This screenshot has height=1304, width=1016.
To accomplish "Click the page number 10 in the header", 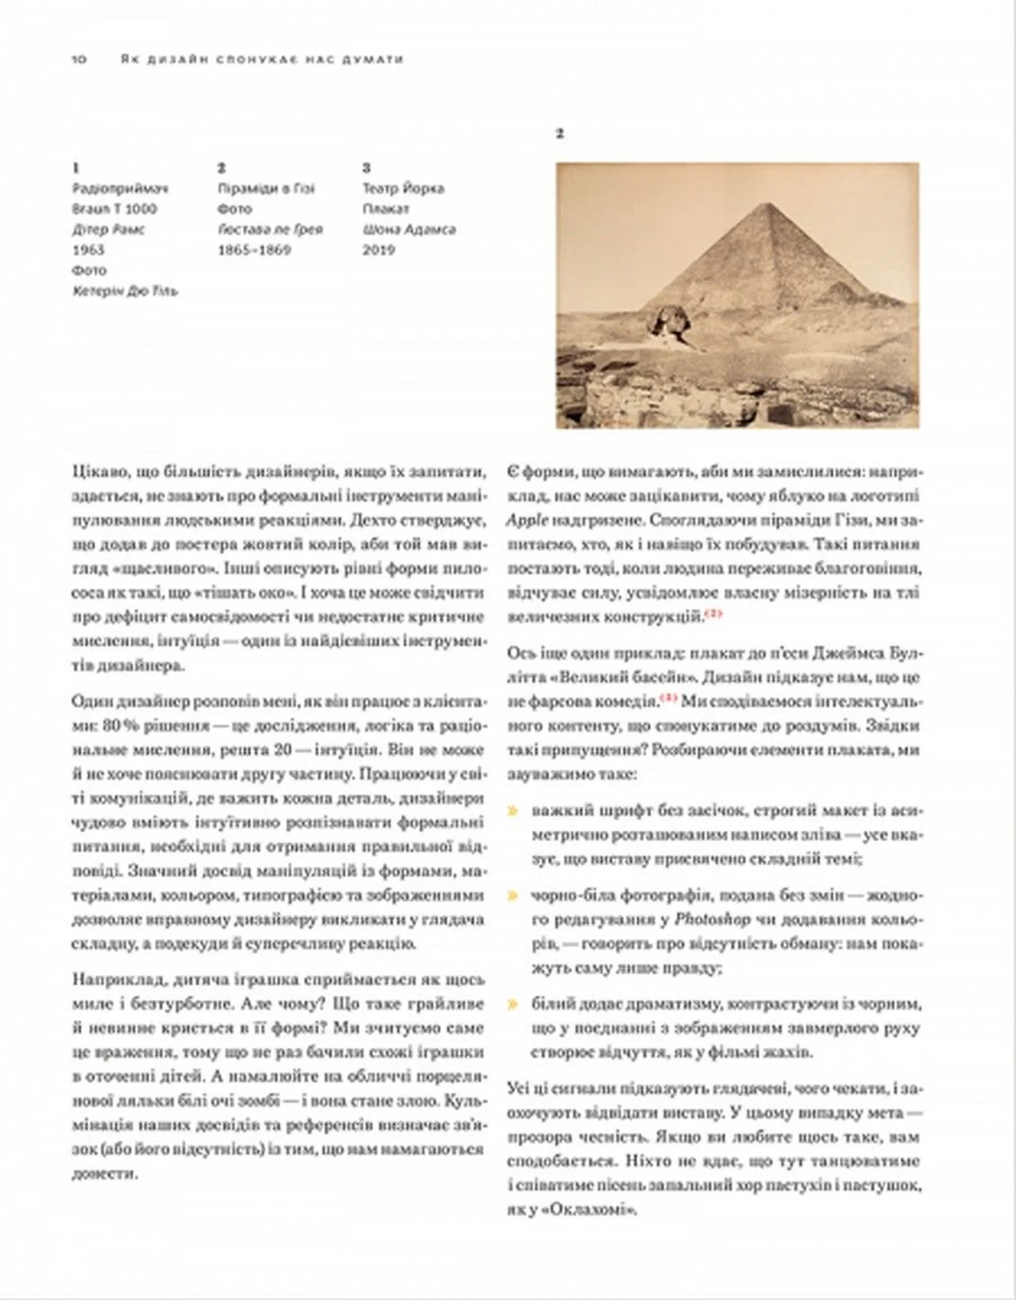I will pos(79,59).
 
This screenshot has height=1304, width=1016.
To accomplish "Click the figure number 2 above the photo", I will pos(559,134).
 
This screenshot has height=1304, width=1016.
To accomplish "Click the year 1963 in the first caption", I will pos(88,250).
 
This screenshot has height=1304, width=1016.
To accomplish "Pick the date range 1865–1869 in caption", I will pos(255,250).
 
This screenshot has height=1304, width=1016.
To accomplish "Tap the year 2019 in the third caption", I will pos(378,250).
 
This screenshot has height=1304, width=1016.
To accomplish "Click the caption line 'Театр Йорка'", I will pos(403,189).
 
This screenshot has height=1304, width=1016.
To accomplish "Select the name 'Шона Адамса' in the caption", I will pos(409,229).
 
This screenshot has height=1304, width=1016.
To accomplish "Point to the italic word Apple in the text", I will pos(527,520).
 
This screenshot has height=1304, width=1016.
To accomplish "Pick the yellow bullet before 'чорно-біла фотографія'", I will pos(512,895).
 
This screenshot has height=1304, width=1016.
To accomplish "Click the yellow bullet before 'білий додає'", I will pos(512,1005).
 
